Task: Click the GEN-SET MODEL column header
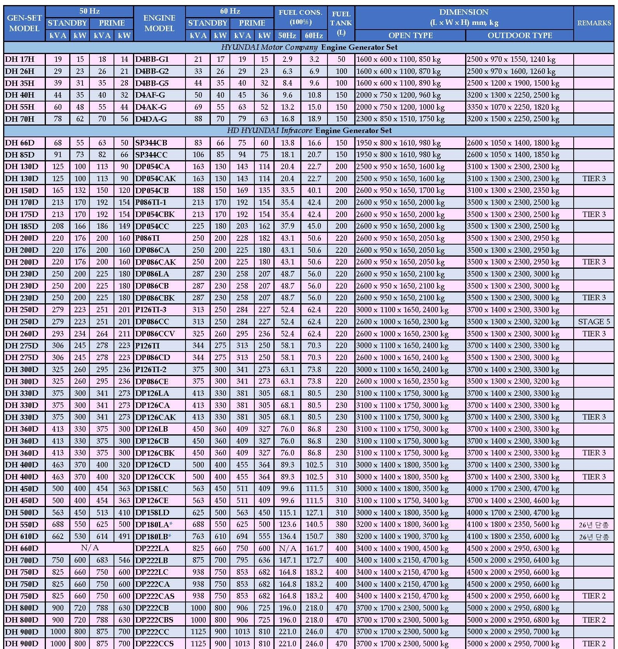coord(24,23)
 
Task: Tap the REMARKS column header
coord(594,23)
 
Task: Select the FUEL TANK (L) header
coord(341,23)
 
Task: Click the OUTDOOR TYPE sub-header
coord(520,35)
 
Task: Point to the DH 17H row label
coord(20,59)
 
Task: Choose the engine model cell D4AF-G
coord(150,95)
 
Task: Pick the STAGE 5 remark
coord(594,322)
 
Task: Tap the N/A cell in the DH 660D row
coord(89,548)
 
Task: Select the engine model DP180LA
coord(152,524)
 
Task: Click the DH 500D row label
coord(22,512)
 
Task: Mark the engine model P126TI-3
coord(151,310)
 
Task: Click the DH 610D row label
coord(22,536)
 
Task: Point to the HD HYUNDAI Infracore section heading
coord(309,131)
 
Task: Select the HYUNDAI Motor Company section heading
coord(309,47)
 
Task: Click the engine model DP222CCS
coord(155,644)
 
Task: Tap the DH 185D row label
coord(22,226)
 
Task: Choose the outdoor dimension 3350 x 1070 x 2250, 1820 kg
coord(513,107)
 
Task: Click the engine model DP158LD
coord(152,512)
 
